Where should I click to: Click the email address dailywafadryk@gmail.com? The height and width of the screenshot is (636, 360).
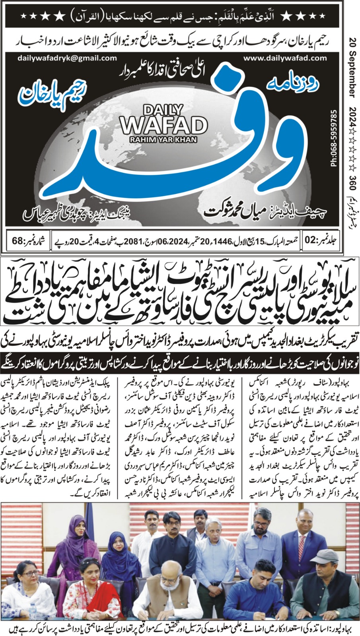pos(67,58)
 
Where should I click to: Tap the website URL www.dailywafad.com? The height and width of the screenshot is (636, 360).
pos(285,58)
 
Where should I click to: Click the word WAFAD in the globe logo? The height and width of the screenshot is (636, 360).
pos(163,125)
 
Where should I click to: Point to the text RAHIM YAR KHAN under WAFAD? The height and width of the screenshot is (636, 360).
pos(163,139)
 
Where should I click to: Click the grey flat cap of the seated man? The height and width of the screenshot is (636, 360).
pos(324,556)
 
